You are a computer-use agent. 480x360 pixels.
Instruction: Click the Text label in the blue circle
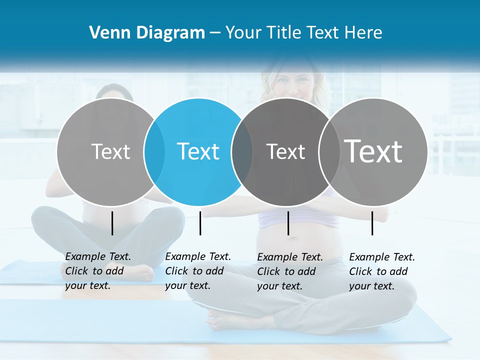[198, 151]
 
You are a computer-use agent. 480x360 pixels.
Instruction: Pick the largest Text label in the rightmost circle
[373, 151]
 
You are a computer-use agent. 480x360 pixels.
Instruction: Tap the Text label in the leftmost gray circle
[110, 151]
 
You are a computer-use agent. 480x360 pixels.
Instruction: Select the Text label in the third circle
[285, 151]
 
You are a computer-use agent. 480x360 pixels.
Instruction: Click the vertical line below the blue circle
[200, 223]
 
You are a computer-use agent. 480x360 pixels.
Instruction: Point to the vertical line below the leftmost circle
[112, 223]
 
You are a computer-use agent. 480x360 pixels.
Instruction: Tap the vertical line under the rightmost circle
[372, 223]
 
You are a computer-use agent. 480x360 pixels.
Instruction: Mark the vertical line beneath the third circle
[288, 223]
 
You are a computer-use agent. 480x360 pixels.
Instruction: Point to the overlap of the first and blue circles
[154, 151]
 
